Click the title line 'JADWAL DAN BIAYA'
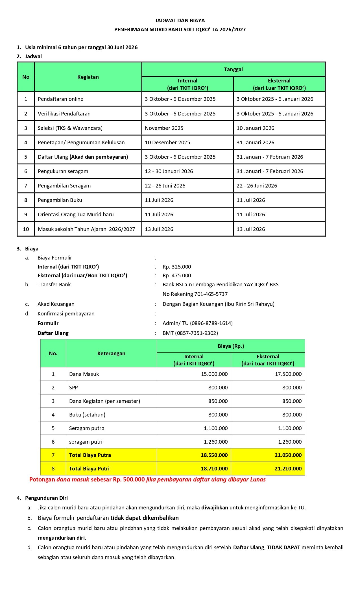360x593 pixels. tap(180, 21)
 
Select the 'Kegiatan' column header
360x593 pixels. tap(88, 77)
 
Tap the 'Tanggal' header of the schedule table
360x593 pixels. tap(233, 69)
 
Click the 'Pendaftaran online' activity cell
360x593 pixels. tap(60, 99)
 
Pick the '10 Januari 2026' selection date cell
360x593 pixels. tap(255, 128)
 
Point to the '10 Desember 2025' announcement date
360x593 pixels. tap(167, 143)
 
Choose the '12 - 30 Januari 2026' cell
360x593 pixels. tap(169, 171)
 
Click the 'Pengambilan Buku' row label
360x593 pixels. tap(60, 200)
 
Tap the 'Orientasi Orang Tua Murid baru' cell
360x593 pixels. tap(76, 215)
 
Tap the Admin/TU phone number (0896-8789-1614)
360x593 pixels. tap(211, 323)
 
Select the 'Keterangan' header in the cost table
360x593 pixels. tap(111, 354)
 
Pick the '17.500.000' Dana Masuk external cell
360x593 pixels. tap(288, 374)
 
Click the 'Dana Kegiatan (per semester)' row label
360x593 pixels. tap(104, 401)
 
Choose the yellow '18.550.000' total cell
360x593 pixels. tap(214, 455)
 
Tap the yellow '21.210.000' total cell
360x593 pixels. tap(288, 469)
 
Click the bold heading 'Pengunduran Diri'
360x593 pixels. tap(46, 498)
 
